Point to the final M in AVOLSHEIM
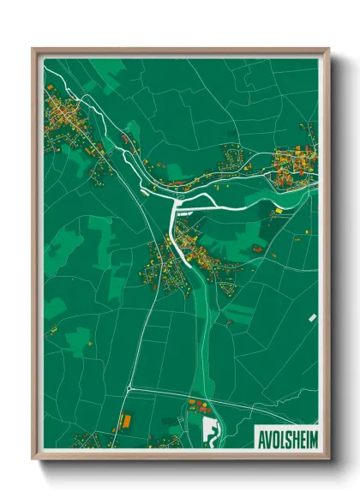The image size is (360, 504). (x=312, y=438)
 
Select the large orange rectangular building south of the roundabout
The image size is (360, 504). (x=128, y=421)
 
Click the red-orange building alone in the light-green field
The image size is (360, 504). (x=256, y=249)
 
